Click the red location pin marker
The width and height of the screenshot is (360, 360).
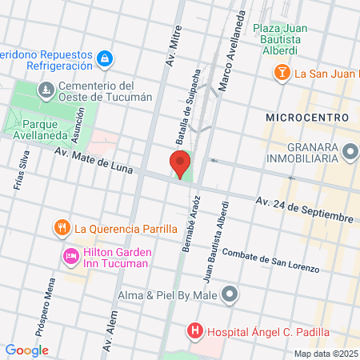(x=180, y=162)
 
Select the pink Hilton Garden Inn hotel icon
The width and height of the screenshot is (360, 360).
(x=70, y=255)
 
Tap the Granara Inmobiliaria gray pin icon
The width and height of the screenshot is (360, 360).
(x=350, y=151)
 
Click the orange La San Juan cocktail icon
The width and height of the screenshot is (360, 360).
(x=282, y=74)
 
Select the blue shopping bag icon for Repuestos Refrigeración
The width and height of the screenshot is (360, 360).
(x=104, y=59)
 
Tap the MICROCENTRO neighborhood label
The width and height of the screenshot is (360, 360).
(x=307, y=118)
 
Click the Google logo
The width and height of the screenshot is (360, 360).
(x=26, y=350)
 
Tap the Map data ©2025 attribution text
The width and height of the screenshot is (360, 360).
(x=325, y=354)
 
